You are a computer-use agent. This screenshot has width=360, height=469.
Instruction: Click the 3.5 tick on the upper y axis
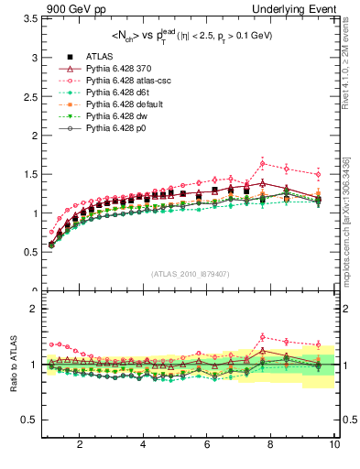(x=29, y=18)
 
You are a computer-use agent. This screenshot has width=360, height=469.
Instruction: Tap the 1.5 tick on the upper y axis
(x=29, y=174)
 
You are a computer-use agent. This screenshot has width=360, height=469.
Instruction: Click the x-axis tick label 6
(x=207, y=444)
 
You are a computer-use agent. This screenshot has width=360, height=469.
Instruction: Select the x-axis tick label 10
(x=334, y=444)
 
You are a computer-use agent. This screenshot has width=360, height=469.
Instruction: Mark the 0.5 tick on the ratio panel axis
(x=29, y=420)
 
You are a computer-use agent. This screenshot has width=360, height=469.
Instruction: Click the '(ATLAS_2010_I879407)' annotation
(x=191, y=273)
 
